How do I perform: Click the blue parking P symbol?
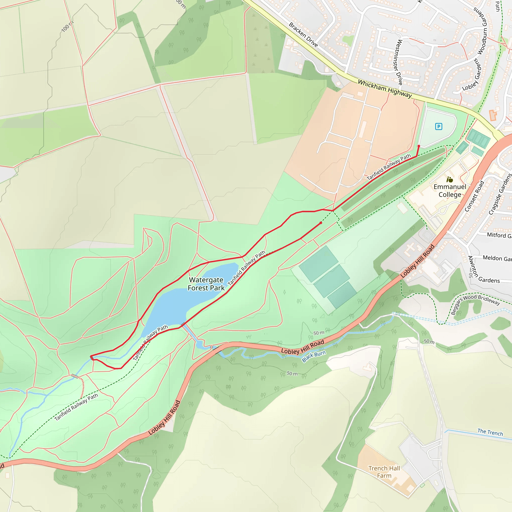[438, 126]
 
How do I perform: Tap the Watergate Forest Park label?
[206, 284]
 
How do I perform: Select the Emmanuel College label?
[450, 190]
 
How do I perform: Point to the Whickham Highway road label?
[385, 89]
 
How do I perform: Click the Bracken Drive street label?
[303, 35]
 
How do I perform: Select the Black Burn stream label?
[314, 356]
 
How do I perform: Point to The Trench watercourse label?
[490, 432]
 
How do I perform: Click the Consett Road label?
[474, 196]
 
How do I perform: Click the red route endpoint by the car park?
[419, 146]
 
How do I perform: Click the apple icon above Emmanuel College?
[450, 180]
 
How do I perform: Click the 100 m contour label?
[67, 26]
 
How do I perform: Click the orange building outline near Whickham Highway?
[493, 115]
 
